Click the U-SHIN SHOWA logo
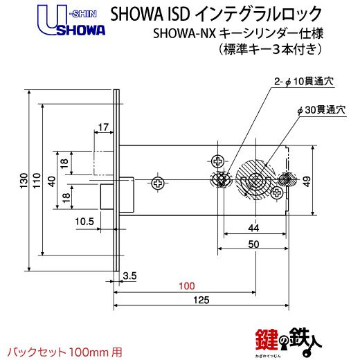tap(71, 21)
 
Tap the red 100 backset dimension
tap(187, 286)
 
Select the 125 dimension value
tap(201, 300)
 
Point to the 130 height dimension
tap(24, 181)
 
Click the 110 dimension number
tap(37, 181)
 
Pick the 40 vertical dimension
tap(52, 181)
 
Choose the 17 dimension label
tap(103, 127)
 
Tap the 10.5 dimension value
tap(84, 222)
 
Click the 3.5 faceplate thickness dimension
tap(129, 276)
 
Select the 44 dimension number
tap(253, 228)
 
